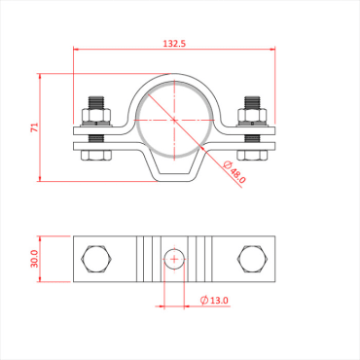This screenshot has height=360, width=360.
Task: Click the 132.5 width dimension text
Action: pyautogui.click(x=175, y=44)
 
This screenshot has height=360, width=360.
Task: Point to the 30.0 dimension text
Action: pyautogui.click(x=34, y=258)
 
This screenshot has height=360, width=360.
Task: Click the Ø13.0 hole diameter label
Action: pyautogui.click(x=213, y=301)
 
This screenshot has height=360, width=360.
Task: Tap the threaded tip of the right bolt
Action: pyautogui.click(x=253, y=99)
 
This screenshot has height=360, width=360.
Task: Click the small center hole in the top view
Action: pyautogui.click(x=174, y=259)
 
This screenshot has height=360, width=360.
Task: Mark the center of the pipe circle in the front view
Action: pyautogui.click(x=174, y=120)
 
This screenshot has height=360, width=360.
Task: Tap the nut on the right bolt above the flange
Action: pyautogui.click(x=253, y=117)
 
